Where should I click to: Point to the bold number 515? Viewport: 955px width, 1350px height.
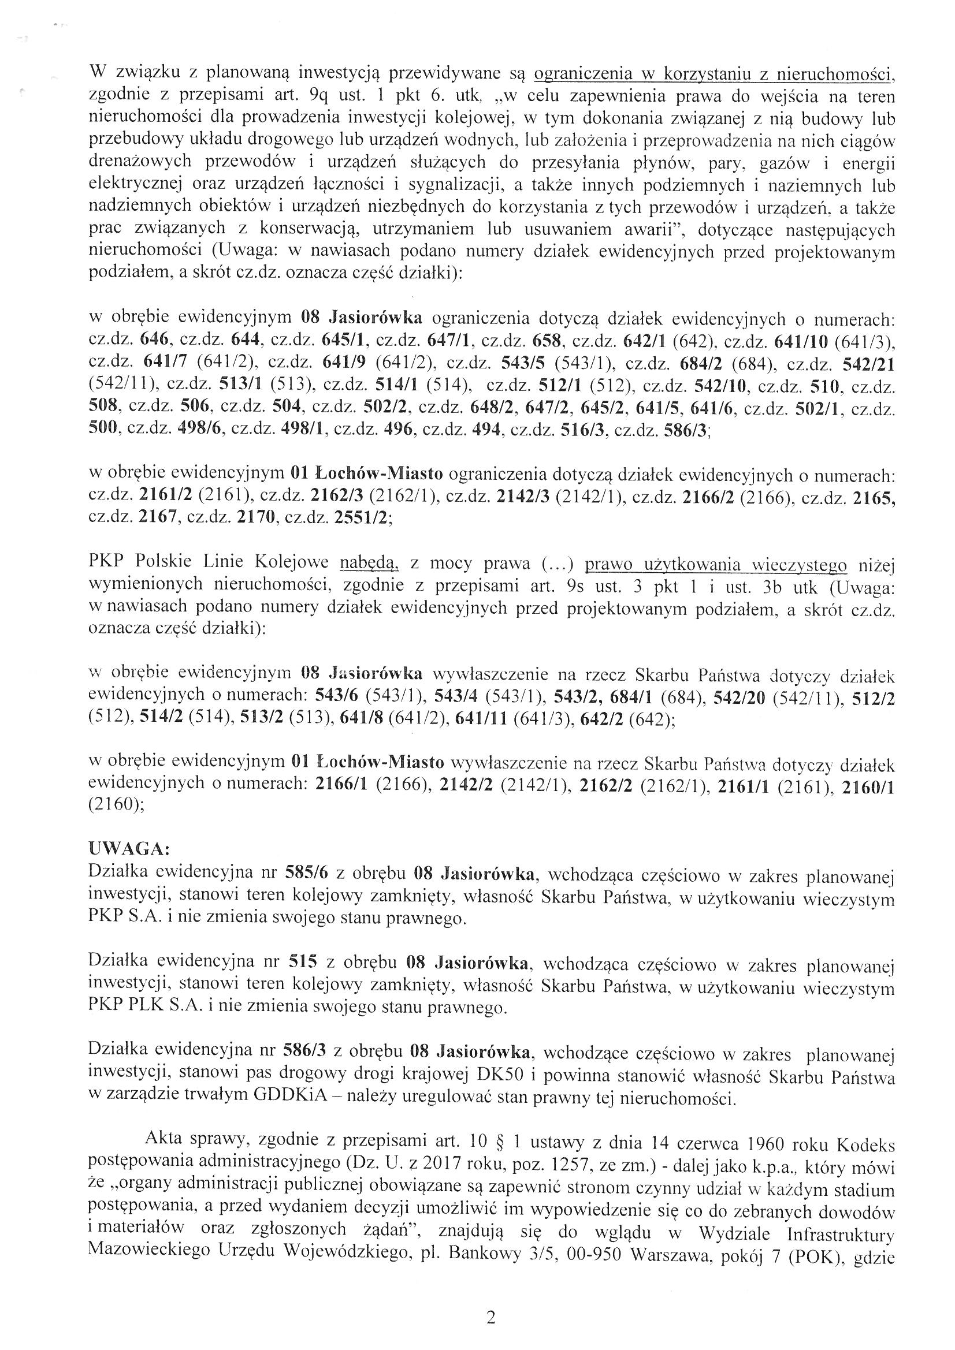(x=304, y=963)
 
